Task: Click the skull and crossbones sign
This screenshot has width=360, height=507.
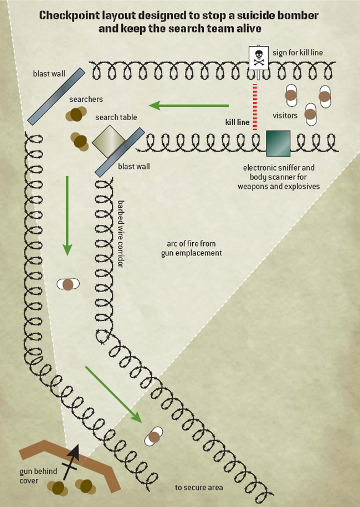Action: pyautogui.click(x=258, y=58)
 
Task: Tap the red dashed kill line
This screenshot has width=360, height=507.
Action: pyautogui.click(x=255, y=107)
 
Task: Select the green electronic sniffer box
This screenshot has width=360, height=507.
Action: pyautogui.click(x=278, y=144)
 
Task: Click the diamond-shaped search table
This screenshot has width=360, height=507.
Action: pyautogui.click(x=109, y=142)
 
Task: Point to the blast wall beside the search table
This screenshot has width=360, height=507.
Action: pyautogui.click(x=120, y=152)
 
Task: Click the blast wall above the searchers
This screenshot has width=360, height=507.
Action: pyautogui.click(x=56, y=96)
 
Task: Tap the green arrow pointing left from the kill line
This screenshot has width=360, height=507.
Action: pyautogui.click(x=189, y=105)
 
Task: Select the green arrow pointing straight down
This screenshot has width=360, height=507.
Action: pyautogui.click(x=67, y=216)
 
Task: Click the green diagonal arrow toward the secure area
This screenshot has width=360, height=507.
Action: pyautogui.click(x=114, y=395)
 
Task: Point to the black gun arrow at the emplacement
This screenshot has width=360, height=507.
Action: pyautogui.click(x=71, y=462)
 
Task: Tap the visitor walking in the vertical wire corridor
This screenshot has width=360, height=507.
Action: pyautogui.click(x=68, y=285)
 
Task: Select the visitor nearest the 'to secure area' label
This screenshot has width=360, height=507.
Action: pyautogui.click(x=153, y=437)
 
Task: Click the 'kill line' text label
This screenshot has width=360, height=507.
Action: pyautogui.click(x=237, y=122)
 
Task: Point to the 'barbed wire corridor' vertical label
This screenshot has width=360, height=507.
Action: pyautogui.click(x=120, y=233)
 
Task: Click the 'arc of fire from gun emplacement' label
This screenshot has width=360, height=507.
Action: pyautogui.click(x=191, y=248)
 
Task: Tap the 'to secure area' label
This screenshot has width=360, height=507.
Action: pyautogui.click(x=199, y=488)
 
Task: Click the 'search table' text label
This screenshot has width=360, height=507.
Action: pyautogui.click(x=116, y=117)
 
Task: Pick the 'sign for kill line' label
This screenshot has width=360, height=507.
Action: pyautogui.click(x=297, y=53)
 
